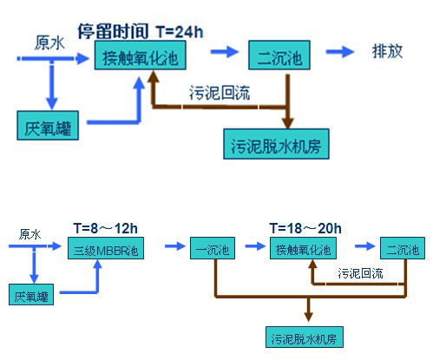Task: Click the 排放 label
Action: (387, 51)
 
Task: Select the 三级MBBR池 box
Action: (106, 248)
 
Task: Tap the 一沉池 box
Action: (213, 248)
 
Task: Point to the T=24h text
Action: (180, 31)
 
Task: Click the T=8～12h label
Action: (105, 228)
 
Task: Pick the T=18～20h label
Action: (305, 228)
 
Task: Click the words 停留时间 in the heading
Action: (113, 31)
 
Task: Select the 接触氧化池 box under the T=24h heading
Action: (140, 55)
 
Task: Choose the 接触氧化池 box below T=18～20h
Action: (303, 248)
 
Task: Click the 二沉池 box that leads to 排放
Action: (279, 55)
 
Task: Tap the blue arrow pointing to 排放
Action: (340, 52)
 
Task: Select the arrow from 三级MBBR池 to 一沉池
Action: (175, 246)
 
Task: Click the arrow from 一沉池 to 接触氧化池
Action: (255, 246)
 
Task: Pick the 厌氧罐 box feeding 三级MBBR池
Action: (31, 294)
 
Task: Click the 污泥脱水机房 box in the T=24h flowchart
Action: (276, 144)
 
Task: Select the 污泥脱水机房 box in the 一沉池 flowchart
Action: (305, 337)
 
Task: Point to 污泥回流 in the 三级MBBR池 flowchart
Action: (360, 273)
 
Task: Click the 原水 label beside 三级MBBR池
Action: (30, 234)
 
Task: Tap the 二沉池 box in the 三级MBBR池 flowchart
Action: (403, 248)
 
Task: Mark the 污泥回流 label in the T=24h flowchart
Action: (220, 93)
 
